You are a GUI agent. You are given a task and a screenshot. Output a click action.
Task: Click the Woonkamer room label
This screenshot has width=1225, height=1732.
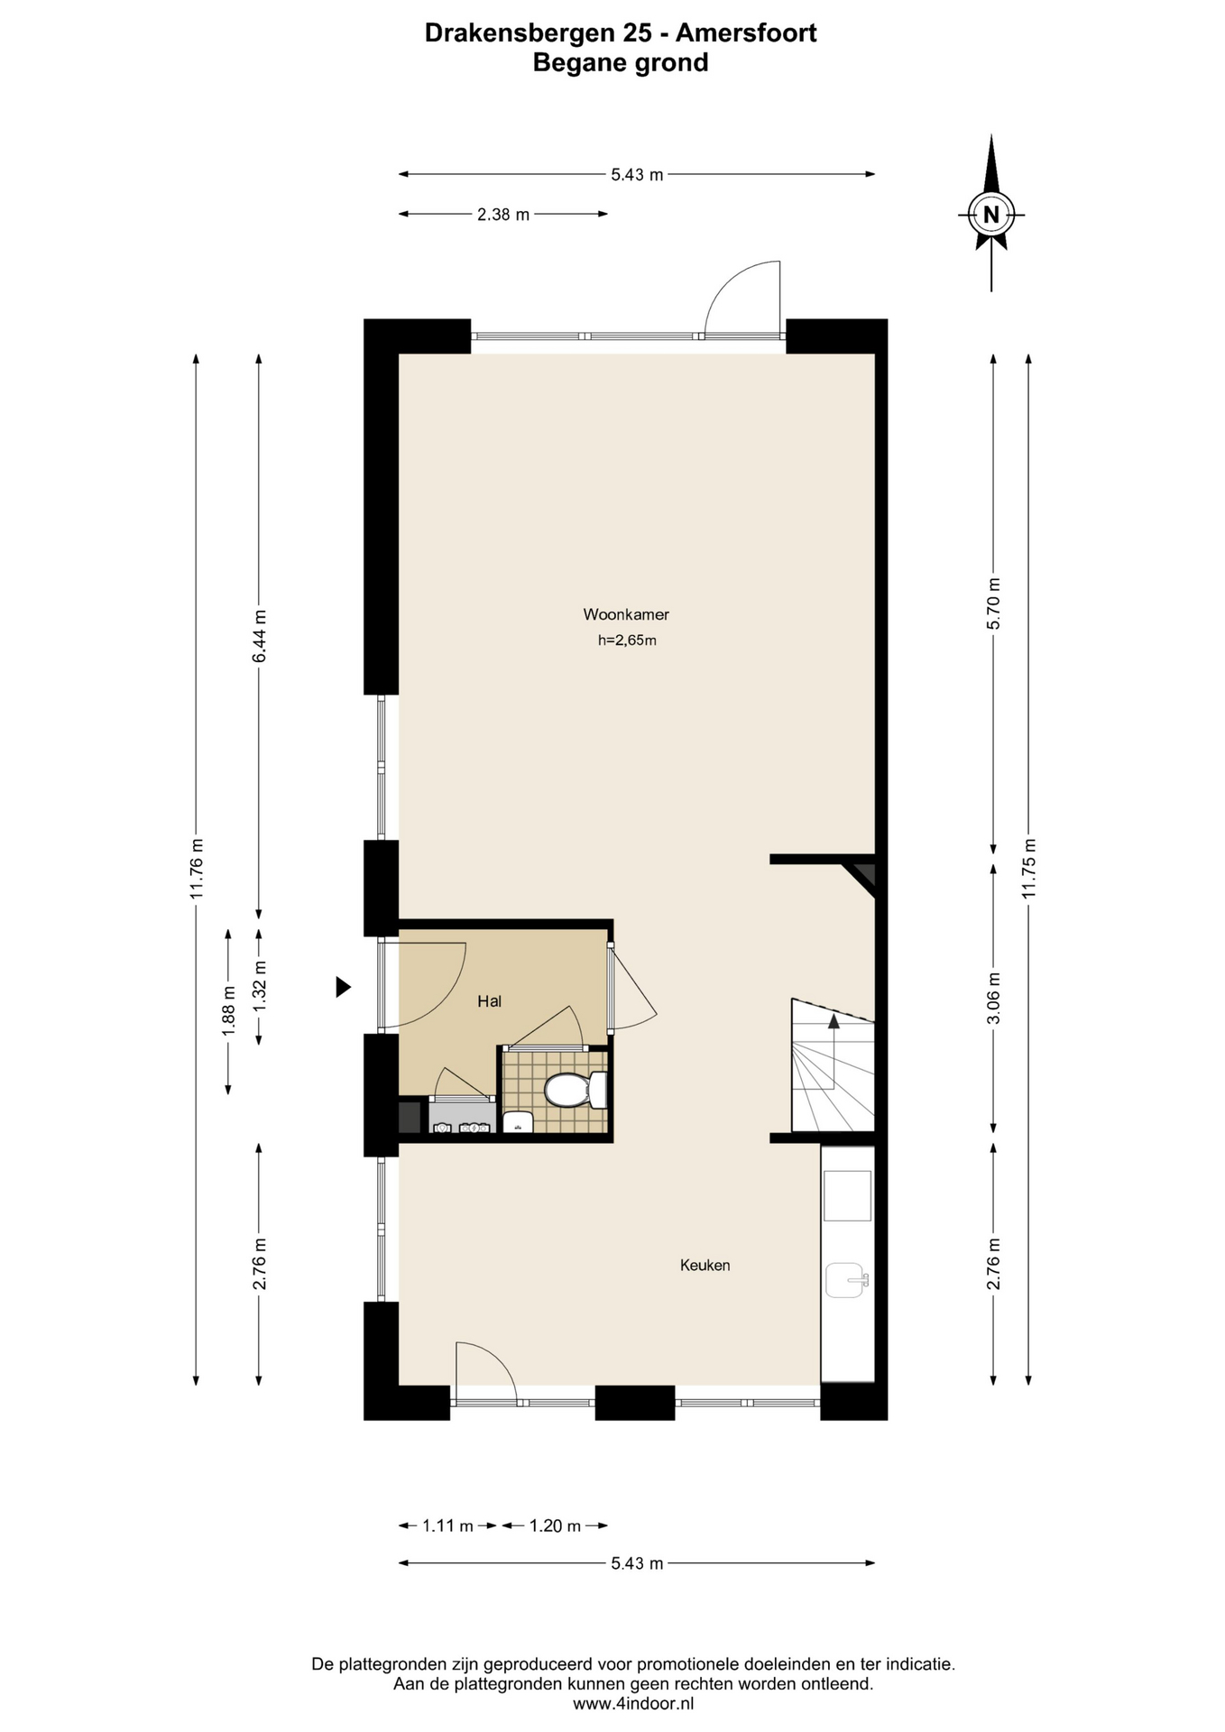[x=626, y=614]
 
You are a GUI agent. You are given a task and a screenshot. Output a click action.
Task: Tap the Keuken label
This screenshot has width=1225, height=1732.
[x=705, y=1265]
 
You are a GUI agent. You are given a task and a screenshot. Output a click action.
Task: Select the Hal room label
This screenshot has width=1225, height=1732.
[x=490, y=1000]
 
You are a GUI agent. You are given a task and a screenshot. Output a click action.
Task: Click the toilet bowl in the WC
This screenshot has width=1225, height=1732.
[x=566, y=1090]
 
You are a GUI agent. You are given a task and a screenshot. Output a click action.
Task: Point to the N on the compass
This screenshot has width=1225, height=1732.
[x=991, y=215]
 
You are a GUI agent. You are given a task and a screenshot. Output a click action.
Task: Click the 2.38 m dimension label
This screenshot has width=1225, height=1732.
[x=503, y=215]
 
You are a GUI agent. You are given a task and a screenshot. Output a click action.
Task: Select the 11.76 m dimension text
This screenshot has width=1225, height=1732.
[x=197, y=868]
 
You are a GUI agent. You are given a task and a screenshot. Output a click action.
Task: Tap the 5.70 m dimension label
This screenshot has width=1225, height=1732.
[x=994, y=603]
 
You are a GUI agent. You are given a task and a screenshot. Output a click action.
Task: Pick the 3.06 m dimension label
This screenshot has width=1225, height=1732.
[x=994, y=998]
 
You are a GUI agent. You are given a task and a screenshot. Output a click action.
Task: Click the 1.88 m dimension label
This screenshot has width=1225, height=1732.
[x=228, y=1012]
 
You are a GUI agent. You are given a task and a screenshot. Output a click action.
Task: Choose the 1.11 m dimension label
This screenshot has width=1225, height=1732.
[x=447, y=1525]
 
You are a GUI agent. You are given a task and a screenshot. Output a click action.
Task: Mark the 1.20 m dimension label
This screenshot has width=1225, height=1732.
[x=555, y=1525]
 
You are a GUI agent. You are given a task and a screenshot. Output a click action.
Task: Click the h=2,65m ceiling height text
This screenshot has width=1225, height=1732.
[x=627, y=641]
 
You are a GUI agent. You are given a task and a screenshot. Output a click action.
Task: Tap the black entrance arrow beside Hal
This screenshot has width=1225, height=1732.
[x=343, y=987]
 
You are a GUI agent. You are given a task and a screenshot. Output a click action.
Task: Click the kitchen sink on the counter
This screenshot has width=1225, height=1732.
[x=847, y=1280]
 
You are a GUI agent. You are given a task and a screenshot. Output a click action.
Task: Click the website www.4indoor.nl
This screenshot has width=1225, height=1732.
[x=633, y=1703]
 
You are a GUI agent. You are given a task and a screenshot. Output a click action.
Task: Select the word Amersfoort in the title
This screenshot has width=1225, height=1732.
[x=746, y=33]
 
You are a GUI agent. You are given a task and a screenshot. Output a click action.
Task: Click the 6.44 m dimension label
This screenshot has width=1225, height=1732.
[x=260, y=636]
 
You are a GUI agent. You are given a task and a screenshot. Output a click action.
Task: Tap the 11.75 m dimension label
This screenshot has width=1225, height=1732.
[x=1029, y=868]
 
